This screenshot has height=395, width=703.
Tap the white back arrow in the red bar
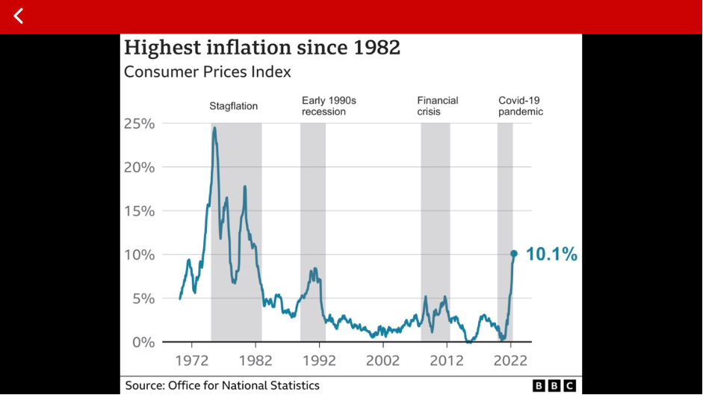click(x=19, y=16)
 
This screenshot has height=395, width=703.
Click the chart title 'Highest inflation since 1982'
click(x=261, y=48)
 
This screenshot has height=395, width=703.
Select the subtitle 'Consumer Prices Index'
click(x=207, y=72)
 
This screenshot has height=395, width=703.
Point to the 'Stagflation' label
click(x=233, y=106)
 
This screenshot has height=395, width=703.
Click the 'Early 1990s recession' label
click(x=324, y=106)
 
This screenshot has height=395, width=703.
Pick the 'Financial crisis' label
click(x=438, y=106)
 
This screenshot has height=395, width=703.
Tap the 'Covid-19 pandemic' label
click(x=521, y=106)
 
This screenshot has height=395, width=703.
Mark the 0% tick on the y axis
click(x=143, y=343)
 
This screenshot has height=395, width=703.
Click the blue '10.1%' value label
click(x=551, y=255)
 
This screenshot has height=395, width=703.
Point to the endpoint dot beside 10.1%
click(x=514, y=254)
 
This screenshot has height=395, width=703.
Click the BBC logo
click(x=554, y=385)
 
